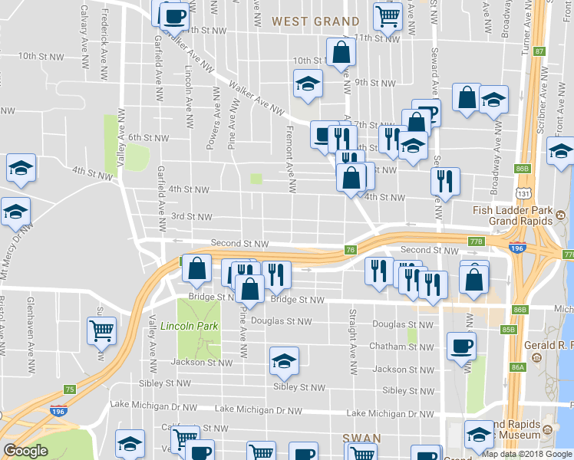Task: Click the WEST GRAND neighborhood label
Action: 315,21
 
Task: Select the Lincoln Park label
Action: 190,326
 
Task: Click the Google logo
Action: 25,452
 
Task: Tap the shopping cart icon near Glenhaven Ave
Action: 102,331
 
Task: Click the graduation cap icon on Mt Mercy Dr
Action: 15,211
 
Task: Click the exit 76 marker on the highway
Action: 351,249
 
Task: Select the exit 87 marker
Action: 539,51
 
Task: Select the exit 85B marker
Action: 507,330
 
